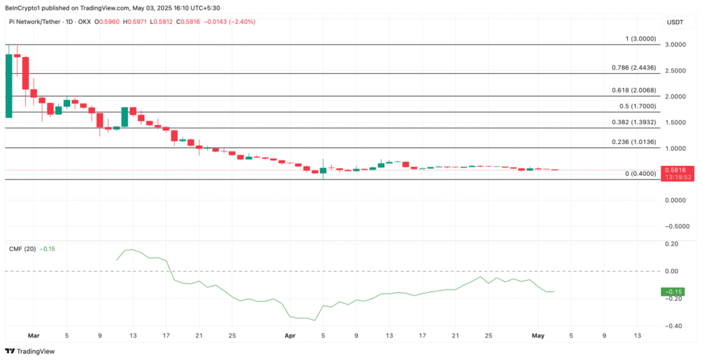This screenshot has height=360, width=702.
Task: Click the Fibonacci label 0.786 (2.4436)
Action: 633,68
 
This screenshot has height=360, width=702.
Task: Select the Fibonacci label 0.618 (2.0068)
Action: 633,91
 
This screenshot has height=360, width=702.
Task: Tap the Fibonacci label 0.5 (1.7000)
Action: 637,106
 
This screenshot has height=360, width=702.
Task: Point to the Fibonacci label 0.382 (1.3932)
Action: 633,122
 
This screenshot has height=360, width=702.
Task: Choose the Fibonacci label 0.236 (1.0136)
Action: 633,143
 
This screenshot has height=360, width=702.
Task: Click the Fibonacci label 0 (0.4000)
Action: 640,174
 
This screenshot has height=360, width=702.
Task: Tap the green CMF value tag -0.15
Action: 673,292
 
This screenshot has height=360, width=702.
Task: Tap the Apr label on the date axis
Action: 290,336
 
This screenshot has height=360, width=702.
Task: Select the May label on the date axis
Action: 538,336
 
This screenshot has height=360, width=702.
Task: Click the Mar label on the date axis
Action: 34,336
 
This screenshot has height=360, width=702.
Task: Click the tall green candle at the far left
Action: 8,86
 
